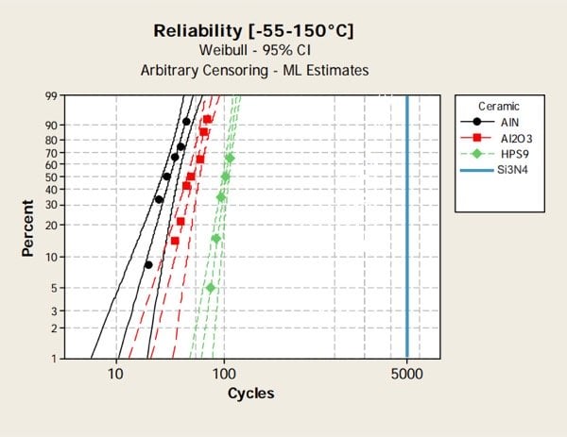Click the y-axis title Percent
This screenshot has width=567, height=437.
(x=28, y=227)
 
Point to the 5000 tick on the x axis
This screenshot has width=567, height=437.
(x=406, y=374)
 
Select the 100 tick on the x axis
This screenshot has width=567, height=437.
(x=224, y=374)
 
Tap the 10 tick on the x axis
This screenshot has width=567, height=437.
(x=116, y=374)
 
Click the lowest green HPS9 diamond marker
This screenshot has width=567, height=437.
(x=211, y=288)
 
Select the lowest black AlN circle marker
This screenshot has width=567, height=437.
(x=148, y=265)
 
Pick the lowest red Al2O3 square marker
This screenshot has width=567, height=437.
(x=175, y=242)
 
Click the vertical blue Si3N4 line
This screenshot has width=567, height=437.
(x=406, y=227)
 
